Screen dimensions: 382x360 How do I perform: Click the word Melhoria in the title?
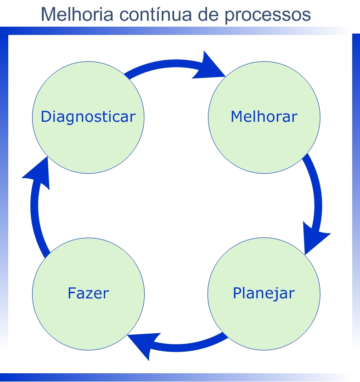click(75, 15)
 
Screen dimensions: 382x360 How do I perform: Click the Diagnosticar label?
click(88, 117)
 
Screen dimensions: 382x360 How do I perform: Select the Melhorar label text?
click(264, 116)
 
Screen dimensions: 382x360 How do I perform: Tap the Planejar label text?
click(264, 293)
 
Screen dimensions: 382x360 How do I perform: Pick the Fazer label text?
click(88, 293)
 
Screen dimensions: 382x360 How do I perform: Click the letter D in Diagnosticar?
click(45, 117)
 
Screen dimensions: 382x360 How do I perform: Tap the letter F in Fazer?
click(72, 293)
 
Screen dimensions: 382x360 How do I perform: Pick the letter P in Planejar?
click(237, 293)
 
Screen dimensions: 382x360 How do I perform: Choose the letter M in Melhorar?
click(236, 116)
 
